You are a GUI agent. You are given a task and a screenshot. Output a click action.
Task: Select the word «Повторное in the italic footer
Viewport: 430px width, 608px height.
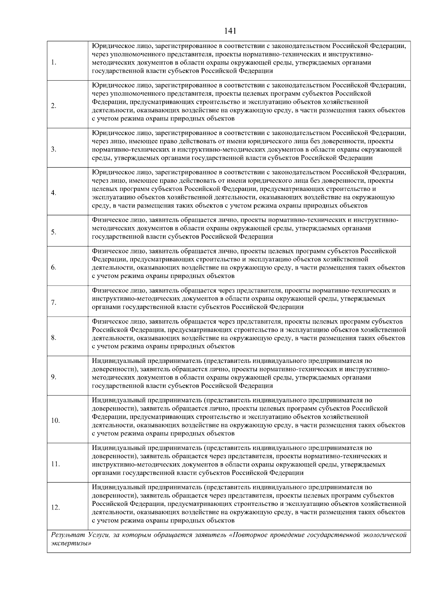tap(247, 535)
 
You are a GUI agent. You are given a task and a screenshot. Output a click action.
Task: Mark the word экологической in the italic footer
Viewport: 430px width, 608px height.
tap(386, 535)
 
